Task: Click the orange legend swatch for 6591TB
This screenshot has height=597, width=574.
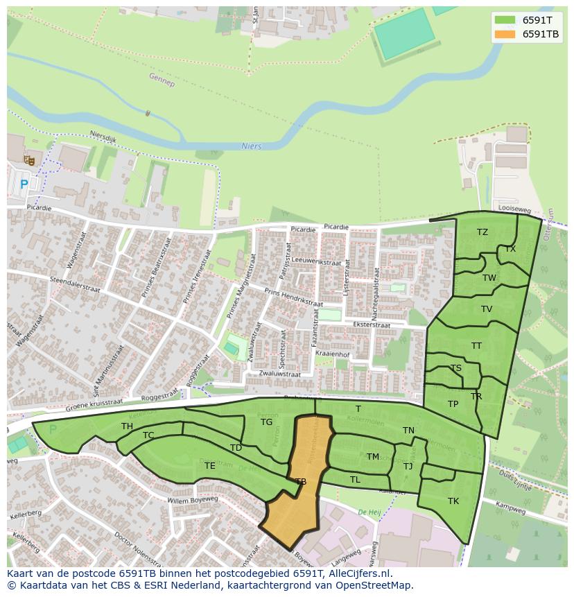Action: [x=505, y=34]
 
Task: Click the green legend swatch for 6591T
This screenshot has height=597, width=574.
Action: [x=505, y=20]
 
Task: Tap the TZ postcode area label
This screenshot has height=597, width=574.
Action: [x=482, y=232]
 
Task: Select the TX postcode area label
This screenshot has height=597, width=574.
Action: [x=510, y=249]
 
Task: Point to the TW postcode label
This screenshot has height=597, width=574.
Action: [x=489, y=278]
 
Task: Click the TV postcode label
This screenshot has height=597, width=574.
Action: [x=487, y=309]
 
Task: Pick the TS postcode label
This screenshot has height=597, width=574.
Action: [x=455, y=368]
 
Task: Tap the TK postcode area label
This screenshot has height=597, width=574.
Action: [x=453, y=501]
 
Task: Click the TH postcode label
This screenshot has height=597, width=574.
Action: [x=127, y=426]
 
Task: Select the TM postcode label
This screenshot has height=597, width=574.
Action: [x=373, y=457]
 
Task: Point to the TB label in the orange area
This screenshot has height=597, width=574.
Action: [x=301, y=481]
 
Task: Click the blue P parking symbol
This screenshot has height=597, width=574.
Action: [x=24, y=184]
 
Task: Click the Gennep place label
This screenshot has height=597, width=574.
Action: [x=162, y=80]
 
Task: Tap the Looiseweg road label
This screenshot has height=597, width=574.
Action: [x=514, y=208]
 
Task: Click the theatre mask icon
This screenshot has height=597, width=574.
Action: [x=29, y=160]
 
